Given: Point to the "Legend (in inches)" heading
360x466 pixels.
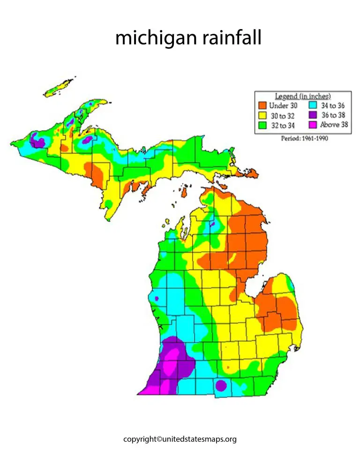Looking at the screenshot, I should coord(302,97).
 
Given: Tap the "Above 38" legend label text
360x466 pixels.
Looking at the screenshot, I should coord(334,125).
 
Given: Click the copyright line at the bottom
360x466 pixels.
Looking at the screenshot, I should coord(180,439).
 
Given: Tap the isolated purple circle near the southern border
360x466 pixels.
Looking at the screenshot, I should coord(221,385).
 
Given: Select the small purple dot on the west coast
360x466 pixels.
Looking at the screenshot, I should coord(157,298).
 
